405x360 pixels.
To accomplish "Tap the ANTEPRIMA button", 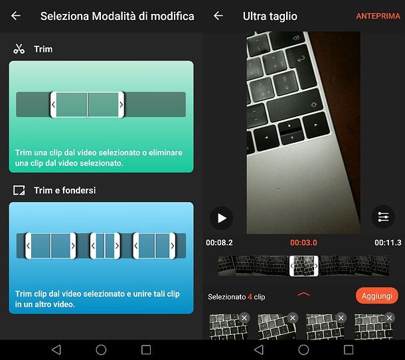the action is point(378,16).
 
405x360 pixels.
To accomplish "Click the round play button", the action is point(221,218).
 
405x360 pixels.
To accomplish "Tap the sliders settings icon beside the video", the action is point(383,217).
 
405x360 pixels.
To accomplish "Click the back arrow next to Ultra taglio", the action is point(218,16).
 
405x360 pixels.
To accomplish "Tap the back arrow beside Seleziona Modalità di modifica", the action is point(16,16).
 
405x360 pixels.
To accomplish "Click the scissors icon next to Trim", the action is point(19,49).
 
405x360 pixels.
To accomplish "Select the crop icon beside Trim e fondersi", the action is point(19,191).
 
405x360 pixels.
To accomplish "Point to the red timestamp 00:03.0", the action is point(303,242).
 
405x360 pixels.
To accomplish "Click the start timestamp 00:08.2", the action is point(219,242).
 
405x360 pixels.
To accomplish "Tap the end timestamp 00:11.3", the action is point(388,242).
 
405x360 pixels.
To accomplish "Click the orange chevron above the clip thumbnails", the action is point(303,294).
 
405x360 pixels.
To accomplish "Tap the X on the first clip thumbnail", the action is point(244,317).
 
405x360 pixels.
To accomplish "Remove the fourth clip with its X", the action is point(390,317).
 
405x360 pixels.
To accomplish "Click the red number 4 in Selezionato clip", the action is point(250,297).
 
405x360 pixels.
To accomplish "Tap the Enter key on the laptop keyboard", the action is point(300,59).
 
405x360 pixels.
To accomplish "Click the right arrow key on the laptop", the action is point(316,126).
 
